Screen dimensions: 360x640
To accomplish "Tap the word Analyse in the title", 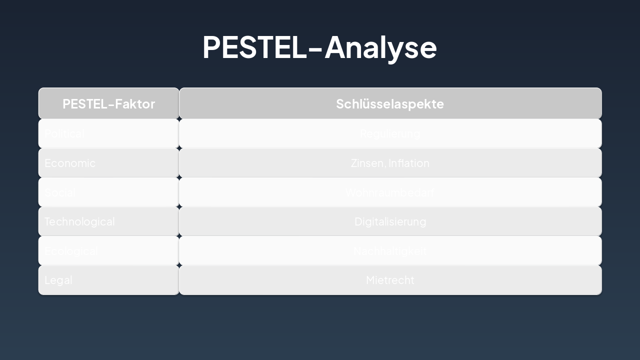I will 380,48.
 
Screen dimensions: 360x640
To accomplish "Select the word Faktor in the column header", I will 135,104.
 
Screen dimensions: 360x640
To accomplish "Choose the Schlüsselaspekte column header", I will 390,104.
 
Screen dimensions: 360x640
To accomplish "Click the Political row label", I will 64,133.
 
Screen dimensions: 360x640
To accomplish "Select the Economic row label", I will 70,163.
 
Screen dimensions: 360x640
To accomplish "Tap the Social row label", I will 59,192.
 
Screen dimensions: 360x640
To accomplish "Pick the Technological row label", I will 79,221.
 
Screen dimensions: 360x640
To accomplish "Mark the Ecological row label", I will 71,251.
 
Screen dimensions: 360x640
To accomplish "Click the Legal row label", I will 58,280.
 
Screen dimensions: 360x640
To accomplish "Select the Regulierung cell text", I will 390,133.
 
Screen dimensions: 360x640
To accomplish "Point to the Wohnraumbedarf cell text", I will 390,192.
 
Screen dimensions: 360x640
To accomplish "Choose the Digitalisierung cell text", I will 390,221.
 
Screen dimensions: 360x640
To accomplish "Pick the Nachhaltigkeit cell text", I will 390,251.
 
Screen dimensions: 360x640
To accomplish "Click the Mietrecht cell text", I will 390,280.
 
